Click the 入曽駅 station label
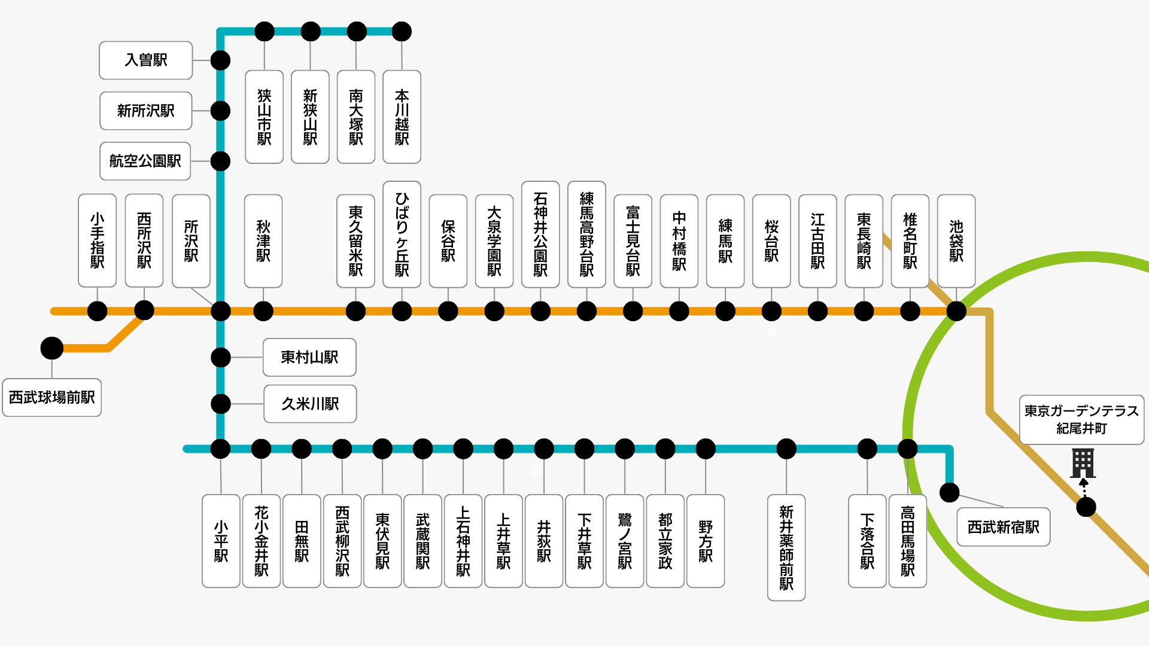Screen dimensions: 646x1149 click(145, 60)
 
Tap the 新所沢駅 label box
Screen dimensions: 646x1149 click(145, 111)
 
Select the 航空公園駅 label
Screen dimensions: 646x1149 click(145, 161)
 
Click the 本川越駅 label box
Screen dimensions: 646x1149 click(402, 117)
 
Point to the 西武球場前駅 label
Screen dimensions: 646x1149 click(52, 398)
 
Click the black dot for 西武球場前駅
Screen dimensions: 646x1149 click(52, 348)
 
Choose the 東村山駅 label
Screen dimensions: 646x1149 click(309, 358)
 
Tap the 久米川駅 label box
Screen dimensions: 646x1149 click(310, 404)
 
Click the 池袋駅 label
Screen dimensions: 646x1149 click(956, 241)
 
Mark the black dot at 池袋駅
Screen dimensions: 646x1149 click(956, 311)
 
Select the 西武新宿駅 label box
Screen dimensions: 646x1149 click(1004, 527)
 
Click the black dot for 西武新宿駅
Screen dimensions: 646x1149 click(950, 492)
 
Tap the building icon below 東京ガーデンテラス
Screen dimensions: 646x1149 click(1083, 463)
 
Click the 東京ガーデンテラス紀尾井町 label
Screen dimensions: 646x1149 click(1081, 419)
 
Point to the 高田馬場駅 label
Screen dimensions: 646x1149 click(908, 541)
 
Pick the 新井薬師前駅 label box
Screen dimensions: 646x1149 click(786, 547)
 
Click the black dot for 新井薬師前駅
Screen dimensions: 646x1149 click(786, 449)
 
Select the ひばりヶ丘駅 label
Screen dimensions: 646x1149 click(402, 234)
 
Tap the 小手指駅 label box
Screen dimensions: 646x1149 click(97, 240)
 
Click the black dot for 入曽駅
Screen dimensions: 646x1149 click(221, 60)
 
